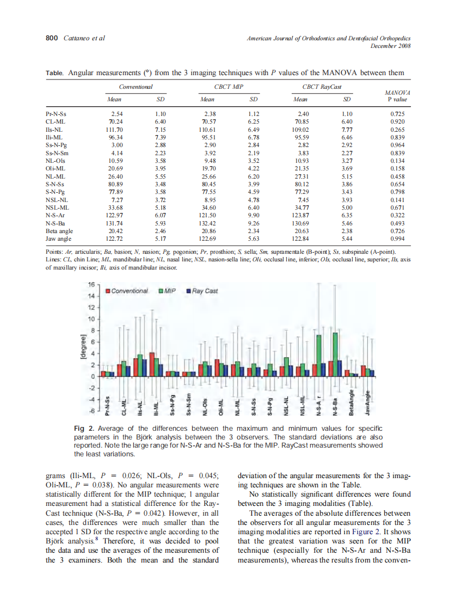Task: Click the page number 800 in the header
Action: point(52,38)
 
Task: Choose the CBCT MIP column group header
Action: point(230,87)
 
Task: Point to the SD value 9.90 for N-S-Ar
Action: point(253,216)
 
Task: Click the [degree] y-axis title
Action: point(83,346)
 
